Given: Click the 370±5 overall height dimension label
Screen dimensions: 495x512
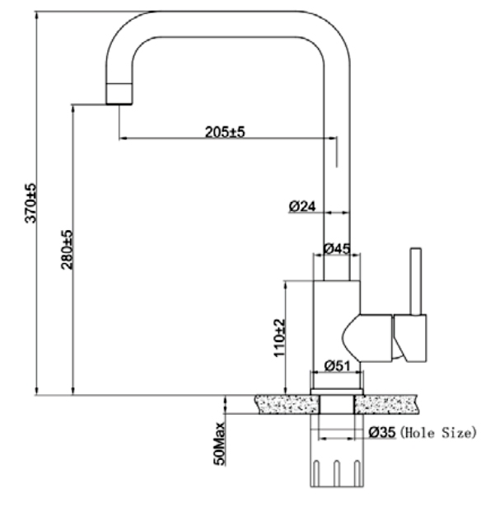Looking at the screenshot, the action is click(x=31, y=203).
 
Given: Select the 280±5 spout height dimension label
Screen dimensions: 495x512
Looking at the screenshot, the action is click(x=68, y=250).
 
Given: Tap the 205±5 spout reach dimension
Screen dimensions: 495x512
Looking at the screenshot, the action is click(x=225, y=132).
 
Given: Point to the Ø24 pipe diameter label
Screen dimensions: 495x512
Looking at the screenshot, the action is click(x=302, y=206).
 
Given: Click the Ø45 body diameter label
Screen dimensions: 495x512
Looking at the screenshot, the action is click(x=337, y=249).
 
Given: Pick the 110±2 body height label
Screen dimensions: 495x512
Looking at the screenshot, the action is click(x=280, y=338).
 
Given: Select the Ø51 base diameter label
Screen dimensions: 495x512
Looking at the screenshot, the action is click(x=337, y=366).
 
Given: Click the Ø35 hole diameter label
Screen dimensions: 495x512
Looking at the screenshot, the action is click(x=382, y=432).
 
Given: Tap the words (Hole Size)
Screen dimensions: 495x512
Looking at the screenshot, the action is click(x=438, y=433).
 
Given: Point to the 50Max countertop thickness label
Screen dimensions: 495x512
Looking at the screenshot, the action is click(x=219, y=443).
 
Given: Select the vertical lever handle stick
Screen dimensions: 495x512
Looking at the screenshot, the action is click(x=416, y=281).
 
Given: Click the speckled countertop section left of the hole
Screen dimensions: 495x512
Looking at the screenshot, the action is click(x=287, y=404).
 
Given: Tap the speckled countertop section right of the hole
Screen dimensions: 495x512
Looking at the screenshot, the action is click(x=385, y=404).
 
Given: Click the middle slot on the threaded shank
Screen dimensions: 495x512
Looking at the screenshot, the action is click(x=337, y=473).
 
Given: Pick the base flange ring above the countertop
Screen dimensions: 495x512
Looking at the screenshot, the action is click(x=337, y=392).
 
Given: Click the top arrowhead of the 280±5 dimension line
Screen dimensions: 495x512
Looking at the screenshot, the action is click(x=73, y=109).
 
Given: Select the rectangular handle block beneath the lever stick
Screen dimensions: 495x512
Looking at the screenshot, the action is click(x=410, y=338).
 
